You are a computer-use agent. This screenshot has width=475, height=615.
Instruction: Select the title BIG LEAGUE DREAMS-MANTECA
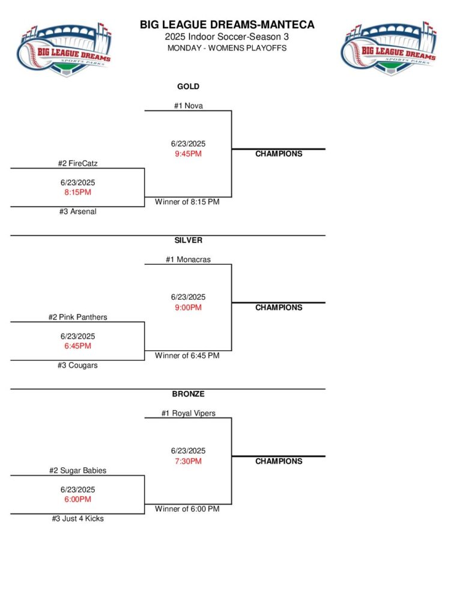coord(227,25)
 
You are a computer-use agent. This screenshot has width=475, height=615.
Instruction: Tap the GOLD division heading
coord(188,86)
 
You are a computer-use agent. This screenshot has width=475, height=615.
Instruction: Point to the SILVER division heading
coord(188,240)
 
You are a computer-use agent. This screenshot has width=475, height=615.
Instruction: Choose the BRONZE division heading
coord(188,394)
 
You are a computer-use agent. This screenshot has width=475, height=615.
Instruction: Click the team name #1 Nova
coord(188,106)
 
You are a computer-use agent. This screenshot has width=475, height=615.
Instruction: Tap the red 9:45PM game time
coord(188,154)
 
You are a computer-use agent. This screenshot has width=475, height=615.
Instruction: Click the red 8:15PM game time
coord(77,192)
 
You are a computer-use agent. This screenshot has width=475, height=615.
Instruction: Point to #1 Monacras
coord(188,259)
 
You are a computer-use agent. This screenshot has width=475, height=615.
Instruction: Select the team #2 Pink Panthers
coord(77,317)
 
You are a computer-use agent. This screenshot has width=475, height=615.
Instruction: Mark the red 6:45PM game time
coord(77,346)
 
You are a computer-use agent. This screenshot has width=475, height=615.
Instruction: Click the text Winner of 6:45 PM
coord(187,356)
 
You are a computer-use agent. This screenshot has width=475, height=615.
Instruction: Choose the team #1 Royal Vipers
coord(188,413)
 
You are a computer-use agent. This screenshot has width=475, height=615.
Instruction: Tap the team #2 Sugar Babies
coord(77,471)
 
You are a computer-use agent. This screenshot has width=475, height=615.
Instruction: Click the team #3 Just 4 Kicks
coord(77,518)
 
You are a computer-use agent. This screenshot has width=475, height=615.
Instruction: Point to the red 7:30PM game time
coord(188,461)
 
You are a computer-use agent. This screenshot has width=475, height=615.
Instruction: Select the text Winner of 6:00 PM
coord(187,509)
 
